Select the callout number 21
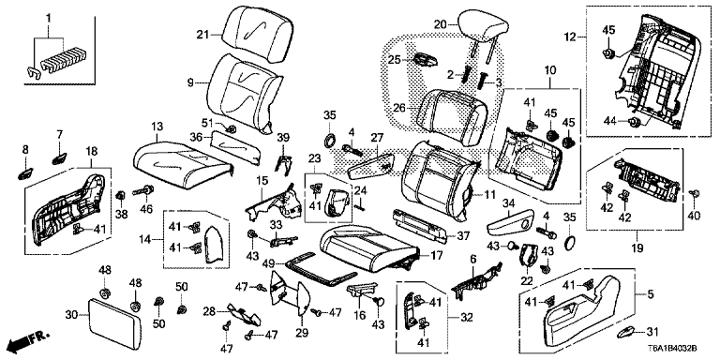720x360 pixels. click(x=201, y=35)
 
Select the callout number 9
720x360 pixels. click(x=192, y=82)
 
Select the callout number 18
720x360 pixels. click(x=92, y=151)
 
